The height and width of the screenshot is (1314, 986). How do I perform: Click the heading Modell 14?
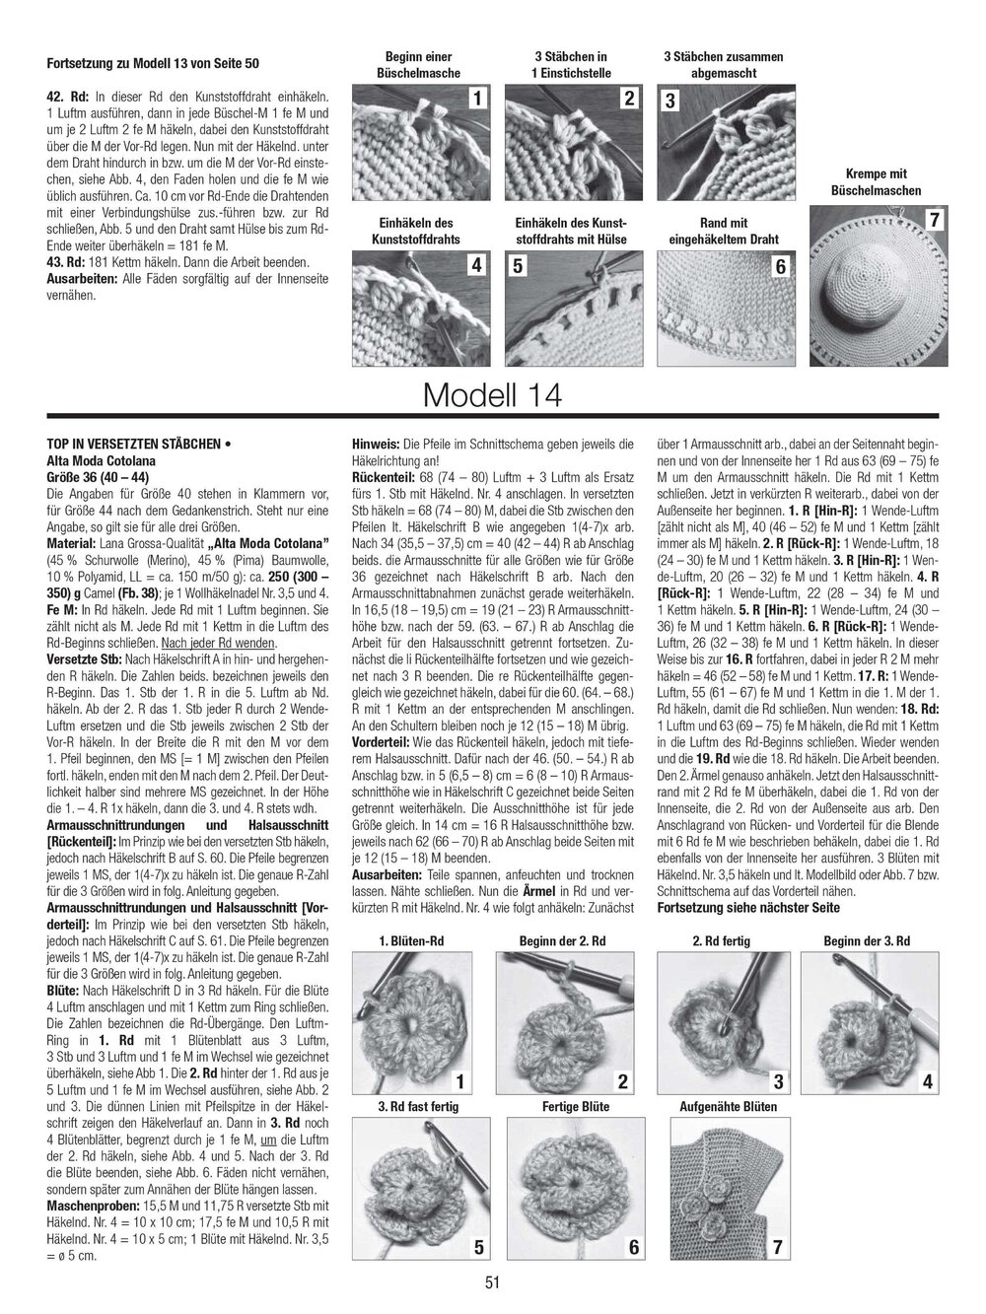pyautogui.click(x=492, y=395)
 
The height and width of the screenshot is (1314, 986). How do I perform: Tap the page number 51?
pyautogui.click(x=493, y=1281)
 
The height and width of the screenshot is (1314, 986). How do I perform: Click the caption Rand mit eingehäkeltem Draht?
pyautogui.click(x=725, y=231)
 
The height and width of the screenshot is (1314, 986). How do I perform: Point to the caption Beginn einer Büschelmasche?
pyautogui.click(x=417, y=65)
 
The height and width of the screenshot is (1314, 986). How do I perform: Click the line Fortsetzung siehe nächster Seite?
pyautogui.click(x=747, y=907)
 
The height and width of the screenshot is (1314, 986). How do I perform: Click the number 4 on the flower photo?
pyautogui.click(x=926, y=1082)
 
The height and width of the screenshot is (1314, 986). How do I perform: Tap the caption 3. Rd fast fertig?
pyautogui.click(x=419, y=1106)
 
